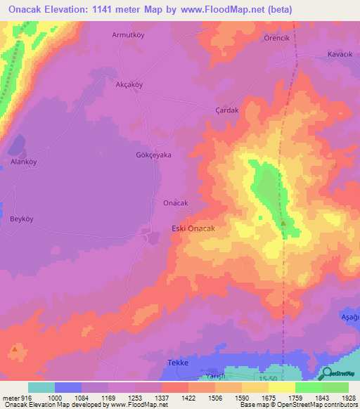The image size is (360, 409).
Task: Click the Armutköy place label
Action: [129, 34]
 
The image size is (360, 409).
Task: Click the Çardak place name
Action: [226, 110]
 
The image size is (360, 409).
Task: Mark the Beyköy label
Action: [22, 219]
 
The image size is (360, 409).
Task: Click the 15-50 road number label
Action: [269, 379]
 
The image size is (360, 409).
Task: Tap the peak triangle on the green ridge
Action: [284, 223]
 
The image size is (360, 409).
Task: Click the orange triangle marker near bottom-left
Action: [15, 349]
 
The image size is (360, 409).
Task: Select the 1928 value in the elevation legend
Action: [349, 398]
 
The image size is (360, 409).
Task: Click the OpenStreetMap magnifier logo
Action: [326, 373]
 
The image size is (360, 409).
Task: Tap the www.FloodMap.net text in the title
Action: [225, 10]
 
